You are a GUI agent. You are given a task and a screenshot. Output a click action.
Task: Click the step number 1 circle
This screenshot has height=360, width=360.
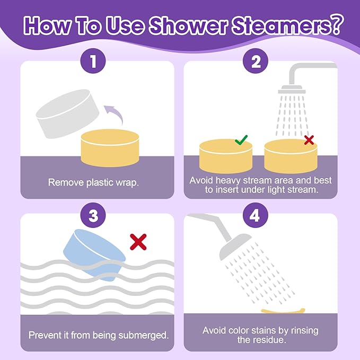(94, 63)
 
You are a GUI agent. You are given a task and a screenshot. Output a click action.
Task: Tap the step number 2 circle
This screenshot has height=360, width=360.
(256, 63)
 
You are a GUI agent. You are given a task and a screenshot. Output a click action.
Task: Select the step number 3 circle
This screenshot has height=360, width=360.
(94, 215)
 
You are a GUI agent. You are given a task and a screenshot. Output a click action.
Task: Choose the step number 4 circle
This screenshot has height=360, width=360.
(256, 215)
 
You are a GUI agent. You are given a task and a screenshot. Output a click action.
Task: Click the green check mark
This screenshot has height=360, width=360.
(241, 140)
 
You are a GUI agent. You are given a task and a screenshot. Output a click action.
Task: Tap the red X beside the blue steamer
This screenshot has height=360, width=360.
(138, 242)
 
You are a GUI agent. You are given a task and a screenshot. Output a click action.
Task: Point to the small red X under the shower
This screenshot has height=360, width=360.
(309, 140)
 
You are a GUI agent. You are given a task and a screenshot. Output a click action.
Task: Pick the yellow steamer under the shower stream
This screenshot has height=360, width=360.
(291, 156)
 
